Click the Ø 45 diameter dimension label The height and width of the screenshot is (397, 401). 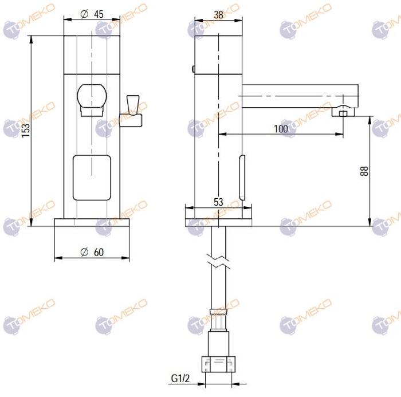tap(92, 14)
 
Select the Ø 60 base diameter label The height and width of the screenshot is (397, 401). tap(92, 252)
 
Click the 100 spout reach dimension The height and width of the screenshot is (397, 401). tap(281, 129)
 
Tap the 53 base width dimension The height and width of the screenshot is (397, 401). tap(218, 202)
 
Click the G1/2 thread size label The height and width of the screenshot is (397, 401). tap(180, 379)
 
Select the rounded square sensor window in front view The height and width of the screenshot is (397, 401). tap(91, 178)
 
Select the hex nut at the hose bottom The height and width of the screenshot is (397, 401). tap(218, 363)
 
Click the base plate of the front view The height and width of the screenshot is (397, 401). tap(91, 222)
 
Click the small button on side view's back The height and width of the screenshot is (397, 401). tap(193, 69)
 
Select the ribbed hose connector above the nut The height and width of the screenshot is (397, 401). tap(218, 324)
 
